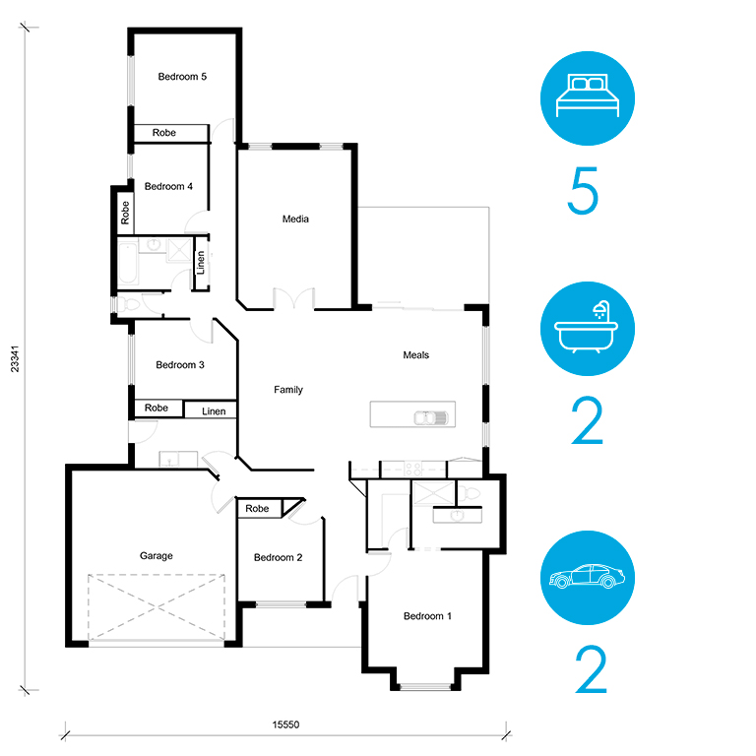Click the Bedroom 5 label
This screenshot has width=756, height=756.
182,77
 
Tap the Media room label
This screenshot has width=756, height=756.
295,219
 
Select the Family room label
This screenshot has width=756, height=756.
288,390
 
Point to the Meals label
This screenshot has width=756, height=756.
415,354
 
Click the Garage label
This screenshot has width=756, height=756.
157,556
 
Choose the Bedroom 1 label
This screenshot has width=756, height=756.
427,616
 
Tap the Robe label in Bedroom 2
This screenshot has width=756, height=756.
257,509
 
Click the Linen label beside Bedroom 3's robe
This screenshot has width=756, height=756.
214,411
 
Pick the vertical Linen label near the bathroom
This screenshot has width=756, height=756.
201,263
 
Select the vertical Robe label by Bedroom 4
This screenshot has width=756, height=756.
125,213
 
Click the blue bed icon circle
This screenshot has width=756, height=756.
588,98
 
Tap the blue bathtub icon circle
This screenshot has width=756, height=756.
588,329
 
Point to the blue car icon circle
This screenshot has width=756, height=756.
588,578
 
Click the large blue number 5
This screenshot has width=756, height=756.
583,190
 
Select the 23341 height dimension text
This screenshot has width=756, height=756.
15,358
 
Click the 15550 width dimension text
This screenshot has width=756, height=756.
285,724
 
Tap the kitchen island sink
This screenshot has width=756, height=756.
431,417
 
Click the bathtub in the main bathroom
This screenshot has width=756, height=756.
128,263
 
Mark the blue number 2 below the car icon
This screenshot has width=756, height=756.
591,669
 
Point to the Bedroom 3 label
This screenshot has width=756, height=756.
180,365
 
